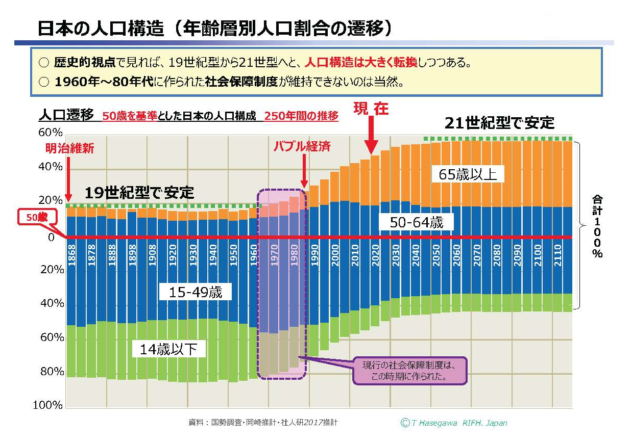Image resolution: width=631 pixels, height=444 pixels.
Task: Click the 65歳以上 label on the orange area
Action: pyautogui.click(x=468, y=174)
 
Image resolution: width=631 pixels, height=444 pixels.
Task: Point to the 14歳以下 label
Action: pyautogui.click(x=168, y=349)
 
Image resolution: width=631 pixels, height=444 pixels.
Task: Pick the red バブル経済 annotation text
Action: pyautogui.click(x=302, y=146)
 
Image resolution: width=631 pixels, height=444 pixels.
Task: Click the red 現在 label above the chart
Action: pyautogui.click(x=371, y=109)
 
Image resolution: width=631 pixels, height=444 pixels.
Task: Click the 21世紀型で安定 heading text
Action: pyautogui.click(x=499, y=123)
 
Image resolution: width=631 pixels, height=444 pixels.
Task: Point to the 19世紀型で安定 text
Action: pyautogui.click(x=139, y=193)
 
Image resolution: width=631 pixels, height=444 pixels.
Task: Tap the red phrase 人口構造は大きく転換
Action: pyautogui.click(x=361, y=63)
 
